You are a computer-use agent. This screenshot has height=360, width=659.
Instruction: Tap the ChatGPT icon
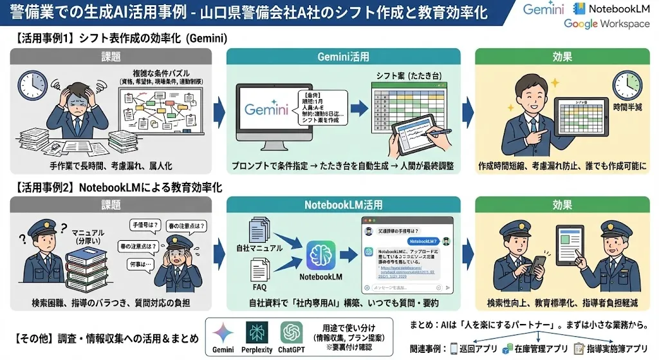point(292,333)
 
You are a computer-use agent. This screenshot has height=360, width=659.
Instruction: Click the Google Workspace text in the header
point(607,24)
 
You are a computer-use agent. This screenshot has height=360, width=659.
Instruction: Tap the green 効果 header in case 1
point(563,56)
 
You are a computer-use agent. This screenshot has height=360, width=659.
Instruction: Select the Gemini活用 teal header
point(343,56)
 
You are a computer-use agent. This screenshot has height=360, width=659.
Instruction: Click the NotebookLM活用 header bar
point(343,205)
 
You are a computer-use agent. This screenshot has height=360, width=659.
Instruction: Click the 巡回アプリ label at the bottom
point(476,348)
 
